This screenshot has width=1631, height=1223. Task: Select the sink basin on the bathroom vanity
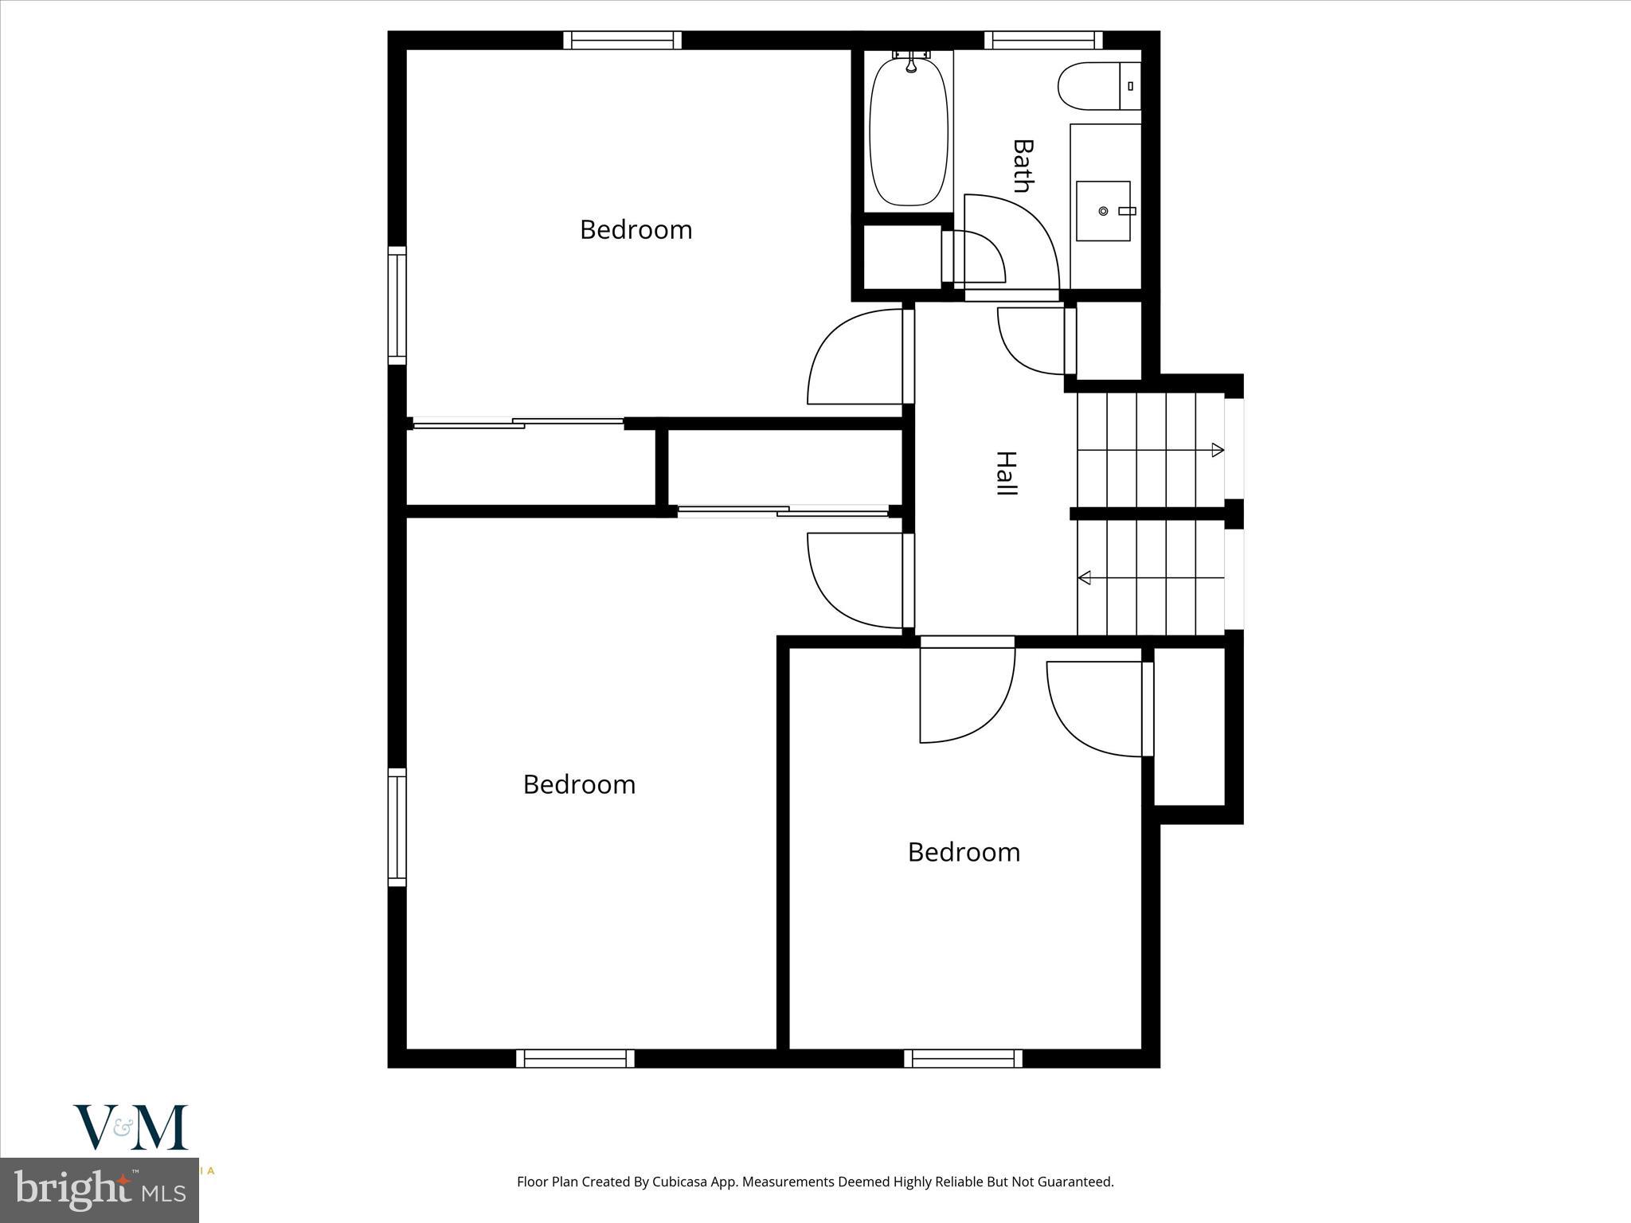tap(1103, 211)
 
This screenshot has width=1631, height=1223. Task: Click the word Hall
tap(1007, 474)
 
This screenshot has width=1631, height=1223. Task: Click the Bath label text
tap(1023, 166)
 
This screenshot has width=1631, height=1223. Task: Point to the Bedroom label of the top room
tap(636, 230)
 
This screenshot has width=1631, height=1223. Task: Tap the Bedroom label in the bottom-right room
tap(964, 853)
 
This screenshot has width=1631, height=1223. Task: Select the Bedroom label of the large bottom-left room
tap(579, 785)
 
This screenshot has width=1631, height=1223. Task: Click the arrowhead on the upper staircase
tap(1217, 451)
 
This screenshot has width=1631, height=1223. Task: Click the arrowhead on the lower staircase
tap(1085, 577)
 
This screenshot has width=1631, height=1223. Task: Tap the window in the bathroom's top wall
tap(1043, 40)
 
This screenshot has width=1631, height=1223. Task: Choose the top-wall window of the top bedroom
tap(622, 40)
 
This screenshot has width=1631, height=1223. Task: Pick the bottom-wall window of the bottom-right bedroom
tap(963, 1058)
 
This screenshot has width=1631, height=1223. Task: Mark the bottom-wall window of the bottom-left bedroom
tap(575, 1058)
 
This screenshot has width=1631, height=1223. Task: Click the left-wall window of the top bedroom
tap(397, 306)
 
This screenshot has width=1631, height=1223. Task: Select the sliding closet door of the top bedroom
tap(518, 423)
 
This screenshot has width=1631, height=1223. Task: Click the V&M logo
tap(131, 1127)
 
